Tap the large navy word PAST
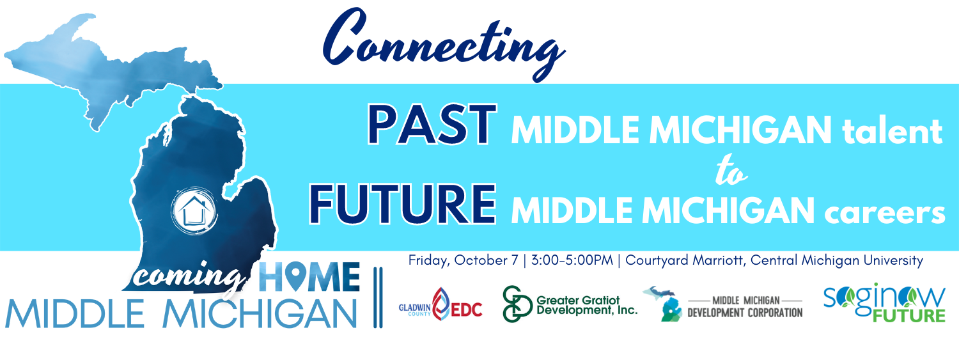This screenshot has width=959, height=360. click(432, 125)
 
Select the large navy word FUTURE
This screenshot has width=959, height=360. click(402, 204)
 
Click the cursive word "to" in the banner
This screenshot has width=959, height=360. click(731, 170)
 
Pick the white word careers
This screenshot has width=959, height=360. click(884, 211)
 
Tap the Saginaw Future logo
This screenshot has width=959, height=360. click(884, 302)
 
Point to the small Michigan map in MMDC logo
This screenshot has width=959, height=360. click(663, 304)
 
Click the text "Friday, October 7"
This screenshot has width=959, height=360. click(464, 260)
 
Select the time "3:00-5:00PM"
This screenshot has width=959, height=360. click(572, 260)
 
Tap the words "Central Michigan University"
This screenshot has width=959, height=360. click(836, 260)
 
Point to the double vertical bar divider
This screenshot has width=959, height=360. click(378, 297)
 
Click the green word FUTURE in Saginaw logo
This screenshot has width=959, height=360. click(909, 315)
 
